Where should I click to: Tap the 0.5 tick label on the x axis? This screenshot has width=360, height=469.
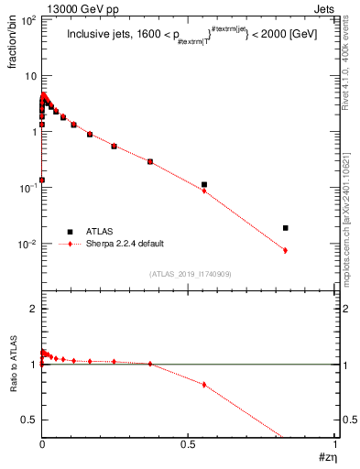(x=188, y=442)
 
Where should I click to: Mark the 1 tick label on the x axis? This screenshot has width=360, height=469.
(x=333, y=442)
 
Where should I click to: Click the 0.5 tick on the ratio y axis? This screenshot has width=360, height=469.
(x=28, y=420)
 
